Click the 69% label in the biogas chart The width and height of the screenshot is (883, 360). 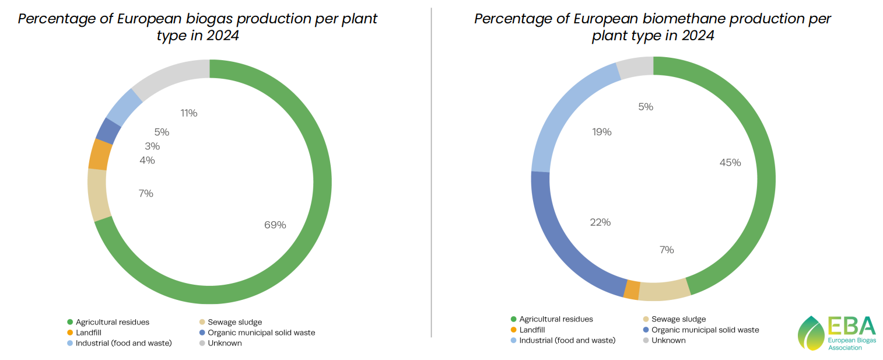coord(275,225)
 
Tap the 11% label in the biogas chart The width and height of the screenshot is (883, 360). coord(189,113)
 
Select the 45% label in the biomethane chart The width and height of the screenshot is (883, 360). coord(730,163)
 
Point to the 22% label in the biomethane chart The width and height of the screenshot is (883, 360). coord(600,222)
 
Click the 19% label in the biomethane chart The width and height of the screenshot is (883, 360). coord(601,132)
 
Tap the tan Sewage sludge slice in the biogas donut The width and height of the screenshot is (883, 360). coord(97,195)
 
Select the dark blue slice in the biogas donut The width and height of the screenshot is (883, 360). coord(108,131)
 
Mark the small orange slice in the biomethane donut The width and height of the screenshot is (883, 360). coord(632,290)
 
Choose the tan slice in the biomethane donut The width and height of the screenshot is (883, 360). coord(664,291)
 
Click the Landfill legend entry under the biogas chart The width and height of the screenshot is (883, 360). coord(88,333)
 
